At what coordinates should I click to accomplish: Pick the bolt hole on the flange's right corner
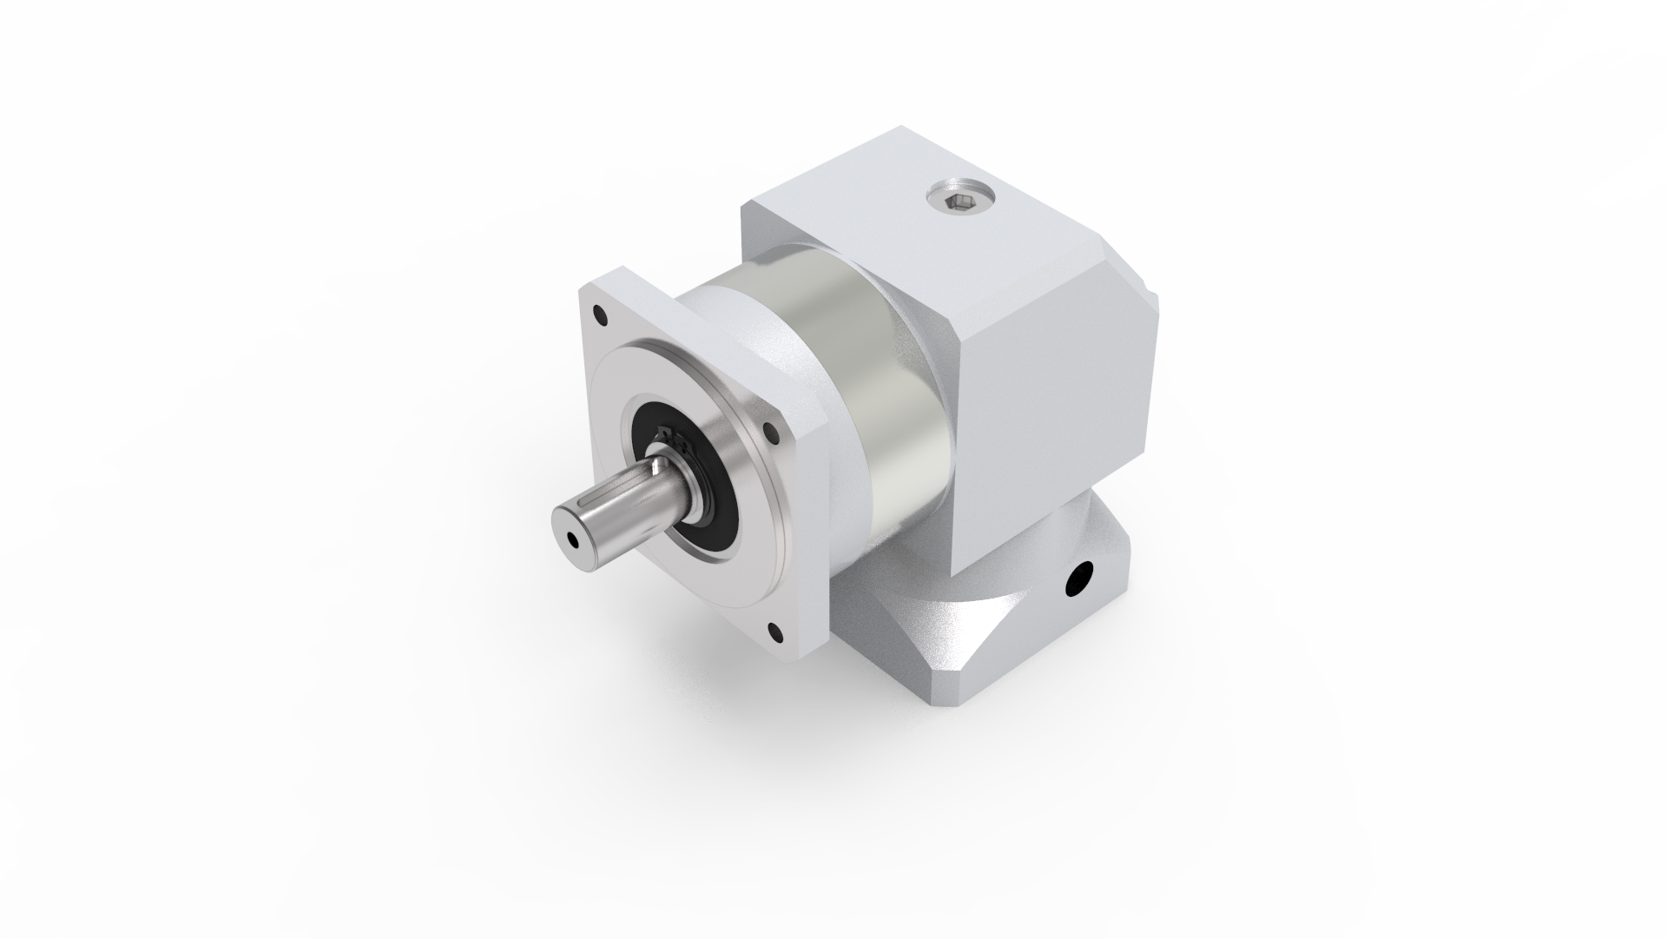(768, 427)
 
